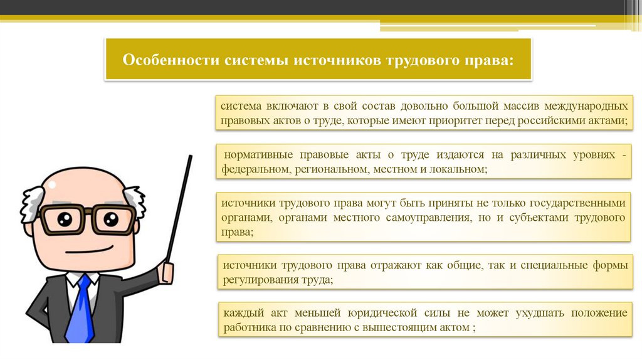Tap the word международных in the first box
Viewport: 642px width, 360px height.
point(586,107)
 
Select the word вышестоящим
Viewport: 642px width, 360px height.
point(399,327)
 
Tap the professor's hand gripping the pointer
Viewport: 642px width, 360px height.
point(167,270)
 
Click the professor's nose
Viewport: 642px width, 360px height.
point(83,232)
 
